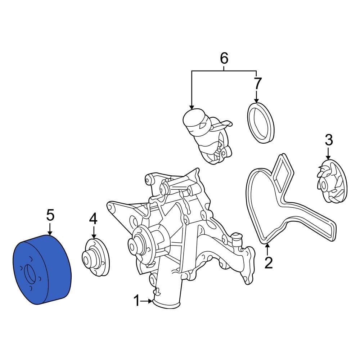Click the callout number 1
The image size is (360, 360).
click(136, 301)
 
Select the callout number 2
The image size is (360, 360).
click(269, 263)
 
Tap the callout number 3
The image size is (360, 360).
click(329, 140)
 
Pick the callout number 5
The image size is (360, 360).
click(50, 215)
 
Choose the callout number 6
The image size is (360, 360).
click(224, 58)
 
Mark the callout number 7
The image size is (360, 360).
click(257, 84)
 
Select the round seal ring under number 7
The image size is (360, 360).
click(261, 123)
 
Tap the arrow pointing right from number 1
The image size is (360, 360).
click(148, 301)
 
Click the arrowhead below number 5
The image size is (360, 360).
click(50, 233)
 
